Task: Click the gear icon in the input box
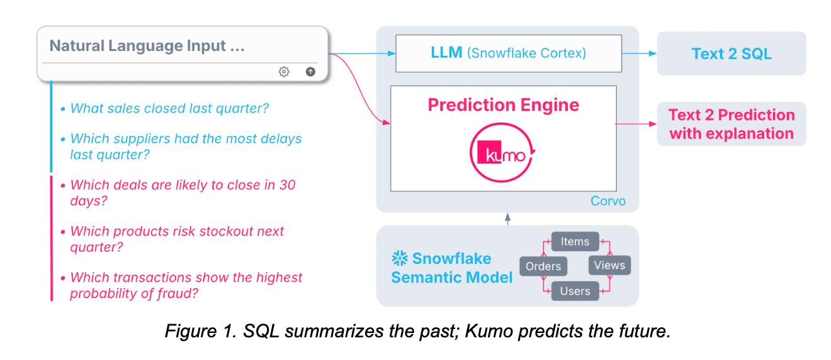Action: (284, 72)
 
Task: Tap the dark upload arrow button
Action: (310, 72)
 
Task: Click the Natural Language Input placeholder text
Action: (147, 46)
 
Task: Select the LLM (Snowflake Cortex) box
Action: (508, 53)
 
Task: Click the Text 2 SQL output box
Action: (731, 53)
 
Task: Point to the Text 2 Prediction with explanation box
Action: (731, 124)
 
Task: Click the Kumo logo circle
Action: (502, 154)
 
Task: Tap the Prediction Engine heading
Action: (503, 104)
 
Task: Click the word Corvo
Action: (608, 201)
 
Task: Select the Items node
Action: (575, 242)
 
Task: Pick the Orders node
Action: (543, 266)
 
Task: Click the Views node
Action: (609, 265)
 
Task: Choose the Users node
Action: (575, 291)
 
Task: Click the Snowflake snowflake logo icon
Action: (399, 259)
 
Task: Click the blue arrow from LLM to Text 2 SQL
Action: (639, 53)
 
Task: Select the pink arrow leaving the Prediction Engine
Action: (636, 124)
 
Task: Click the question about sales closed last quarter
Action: (169, 108)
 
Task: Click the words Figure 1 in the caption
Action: (194, 332)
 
